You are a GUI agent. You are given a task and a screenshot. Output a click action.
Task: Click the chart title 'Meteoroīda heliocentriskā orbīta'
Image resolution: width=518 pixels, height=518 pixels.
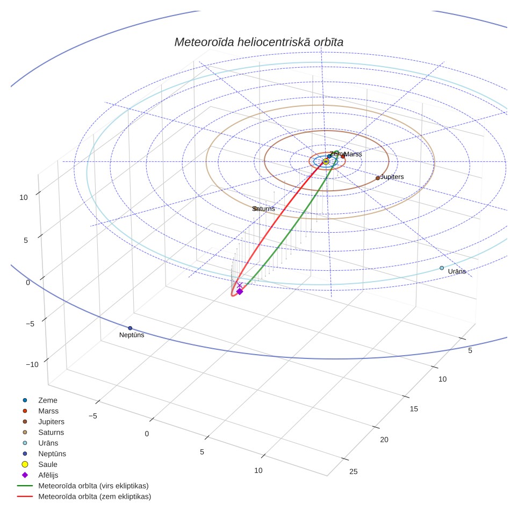tap(258, 42)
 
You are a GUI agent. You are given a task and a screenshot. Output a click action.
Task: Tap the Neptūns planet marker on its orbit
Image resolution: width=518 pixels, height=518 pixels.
tap(130, 328)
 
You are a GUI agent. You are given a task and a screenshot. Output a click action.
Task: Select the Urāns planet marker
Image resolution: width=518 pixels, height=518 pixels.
tap(442, 268)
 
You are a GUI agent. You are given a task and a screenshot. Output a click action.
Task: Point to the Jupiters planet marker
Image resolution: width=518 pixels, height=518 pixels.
tap(378, 178)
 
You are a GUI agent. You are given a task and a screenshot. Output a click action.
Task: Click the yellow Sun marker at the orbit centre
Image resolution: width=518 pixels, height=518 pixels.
tap(326, 162)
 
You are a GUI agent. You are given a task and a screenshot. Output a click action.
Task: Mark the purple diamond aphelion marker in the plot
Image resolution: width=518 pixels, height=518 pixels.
tap(240, 291)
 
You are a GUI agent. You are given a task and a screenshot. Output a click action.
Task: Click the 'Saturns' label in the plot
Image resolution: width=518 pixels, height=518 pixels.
tap(264, 209)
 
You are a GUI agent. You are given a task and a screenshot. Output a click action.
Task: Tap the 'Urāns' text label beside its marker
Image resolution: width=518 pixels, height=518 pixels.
tap(457, 271)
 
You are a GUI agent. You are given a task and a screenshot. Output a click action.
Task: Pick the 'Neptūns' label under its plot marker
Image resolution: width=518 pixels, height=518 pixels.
tap(132, 335)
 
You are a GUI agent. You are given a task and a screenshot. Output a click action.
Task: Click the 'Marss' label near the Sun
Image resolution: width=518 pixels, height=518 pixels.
tap(353, 154)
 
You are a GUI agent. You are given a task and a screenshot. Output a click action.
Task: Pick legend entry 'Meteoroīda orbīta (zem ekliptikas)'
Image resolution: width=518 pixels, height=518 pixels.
tap(84, 497)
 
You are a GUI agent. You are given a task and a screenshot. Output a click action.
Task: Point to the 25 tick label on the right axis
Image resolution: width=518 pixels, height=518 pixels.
tap(354, 472)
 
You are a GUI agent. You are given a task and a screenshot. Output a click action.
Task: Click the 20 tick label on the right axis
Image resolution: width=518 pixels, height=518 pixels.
tap(384, 440)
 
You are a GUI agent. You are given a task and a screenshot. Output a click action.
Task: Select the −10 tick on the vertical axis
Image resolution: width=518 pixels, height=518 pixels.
tap(32, 364)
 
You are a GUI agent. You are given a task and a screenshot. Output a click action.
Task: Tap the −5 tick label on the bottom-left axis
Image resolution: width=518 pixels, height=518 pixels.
tap(93, 416)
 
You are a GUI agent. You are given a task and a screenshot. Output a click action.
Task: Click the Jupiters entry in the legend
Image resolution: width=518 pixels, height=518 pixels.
tap(44, 422)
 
